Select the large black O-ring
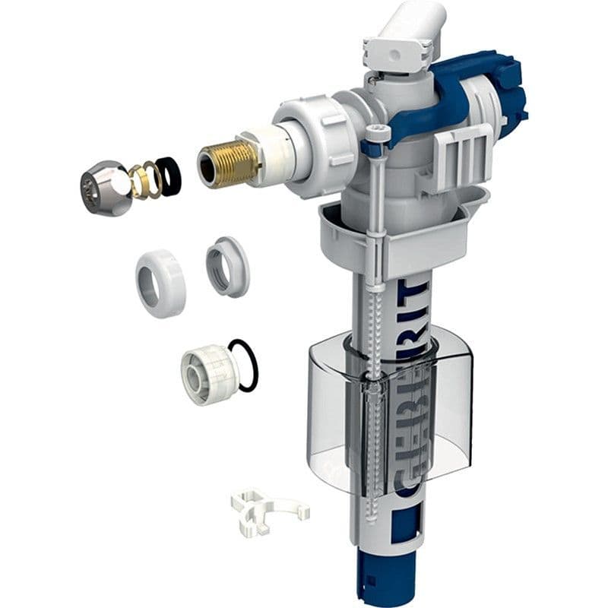[245, 366]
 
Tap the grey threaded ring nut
[226, 265]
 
